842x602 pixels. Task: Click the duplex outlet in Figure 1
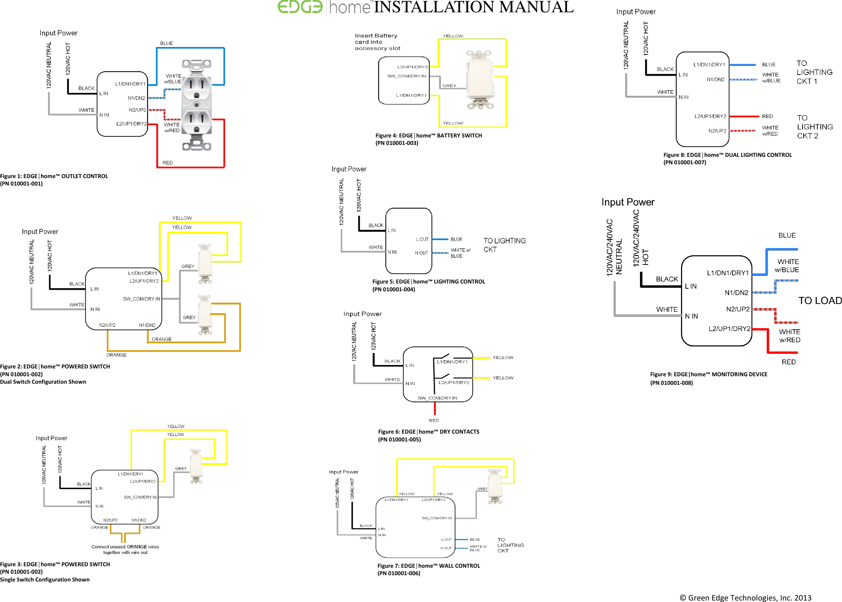[197, 105]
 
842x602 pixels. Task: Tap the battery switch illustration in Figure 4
[480, 80]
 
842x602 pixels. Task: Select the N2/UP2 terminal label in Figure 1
[138, 110]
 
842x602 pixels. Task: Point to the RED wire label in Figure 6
[434, 421]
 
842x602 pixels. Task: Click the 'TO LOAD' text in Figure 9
[820, 301]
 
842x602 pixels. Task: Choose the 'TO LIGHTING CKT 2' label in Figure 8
[815, 127]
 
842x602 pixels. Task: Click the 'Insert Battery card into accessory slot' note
[377, 42]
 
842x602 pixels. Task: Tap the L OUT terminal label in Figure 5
[422, 239]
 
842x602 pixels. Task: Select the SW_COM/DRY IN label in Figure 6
[437, 398]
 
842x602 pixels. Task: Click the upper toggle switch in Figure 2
[205, 263]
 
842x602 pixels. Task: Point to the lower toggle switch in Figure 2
[205, 315]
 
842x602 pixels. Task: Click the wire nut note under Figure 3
[125, 549]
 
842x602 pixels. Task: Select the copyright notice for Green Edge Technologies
[745, 598]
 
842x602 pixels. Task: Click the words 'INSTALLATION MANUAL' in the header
[474, 7]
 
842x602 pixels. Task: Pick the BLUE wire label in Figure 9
[787, 235]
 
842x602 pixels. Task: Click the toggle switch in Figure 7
[495, 486]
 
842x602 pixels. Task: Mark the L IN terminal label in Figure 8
[683, 75]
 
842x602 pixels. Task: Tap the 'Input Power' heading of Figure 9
[628, 202]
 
